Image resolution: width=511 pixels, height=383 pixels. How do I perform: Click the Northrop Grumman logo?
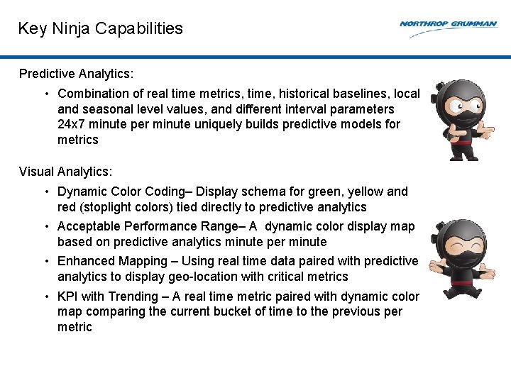[x=448, y=24]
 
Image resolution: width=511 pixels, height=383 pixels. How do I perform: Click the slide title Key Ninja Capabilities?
[x=100, y=28]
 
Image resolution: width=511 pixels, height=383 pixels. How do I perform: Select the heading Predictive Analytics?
[x=77, y=74]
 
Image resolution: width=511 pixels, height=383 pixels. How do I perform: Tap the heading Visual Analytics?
[x=65, y=172]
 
